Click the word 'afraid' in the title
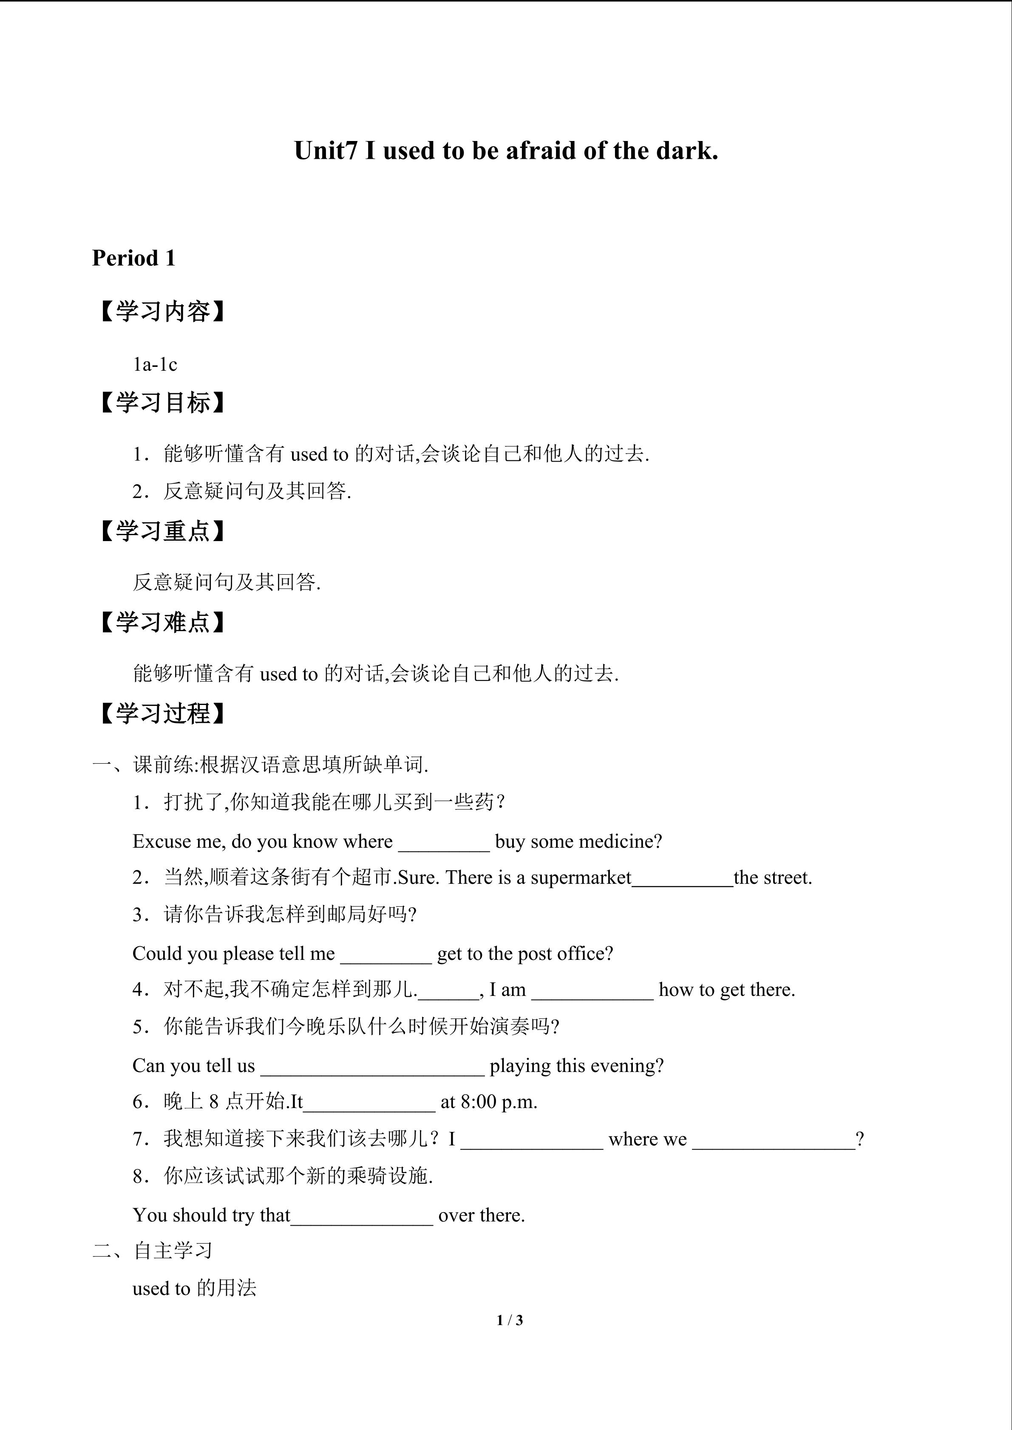point(541,151)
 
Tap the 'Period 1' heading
point(133,258)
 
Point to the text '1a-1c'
point(155,364)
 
